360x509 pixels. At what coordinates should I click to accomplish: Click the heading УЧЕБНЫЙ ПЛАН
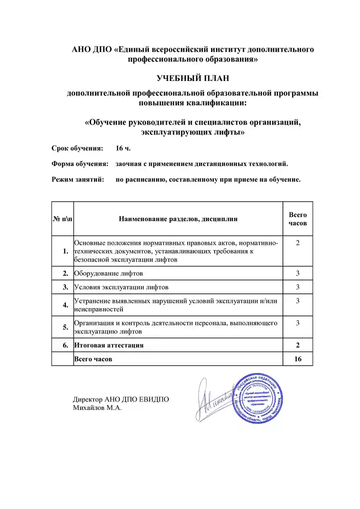tap(193, 78)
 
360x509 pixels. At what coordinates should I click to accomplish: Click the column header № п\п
tap(63, 219)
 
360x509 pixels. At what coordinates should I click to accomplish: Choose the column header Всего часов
tap(297, 219)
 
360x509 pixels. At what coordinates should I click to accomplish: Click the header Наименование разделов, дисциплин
tap(178, 219)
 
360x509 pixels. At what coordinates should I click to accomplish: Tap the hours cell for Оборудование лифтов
tap(297, 273)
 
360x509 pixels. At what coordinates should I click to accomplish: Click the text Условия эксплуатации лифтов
tap(121, 287)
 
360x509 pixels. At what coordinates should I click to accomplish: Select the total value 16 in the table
tap(297, 359)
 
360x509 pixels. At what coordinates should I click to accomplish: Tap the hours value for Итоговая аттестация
tap(297, 345)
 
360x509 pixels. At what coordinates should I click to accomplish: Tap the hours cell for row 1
tap(297, 243)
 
